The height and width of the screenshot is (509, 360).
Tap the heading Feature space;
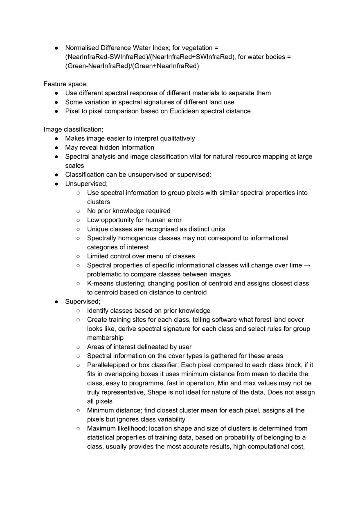click(65, 84)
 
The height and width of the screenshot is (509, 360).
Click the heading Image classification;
click(73, 129)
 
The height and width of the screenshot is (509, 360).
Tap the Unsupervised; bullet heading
click(86, 184)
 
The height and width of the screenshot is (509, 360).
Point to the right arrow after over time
click(307, 265)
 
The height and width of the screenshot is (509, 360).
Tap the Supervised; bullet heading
click(82, 301)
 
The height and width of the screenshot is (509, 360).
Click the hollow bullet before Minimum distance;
click(78, 410)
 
